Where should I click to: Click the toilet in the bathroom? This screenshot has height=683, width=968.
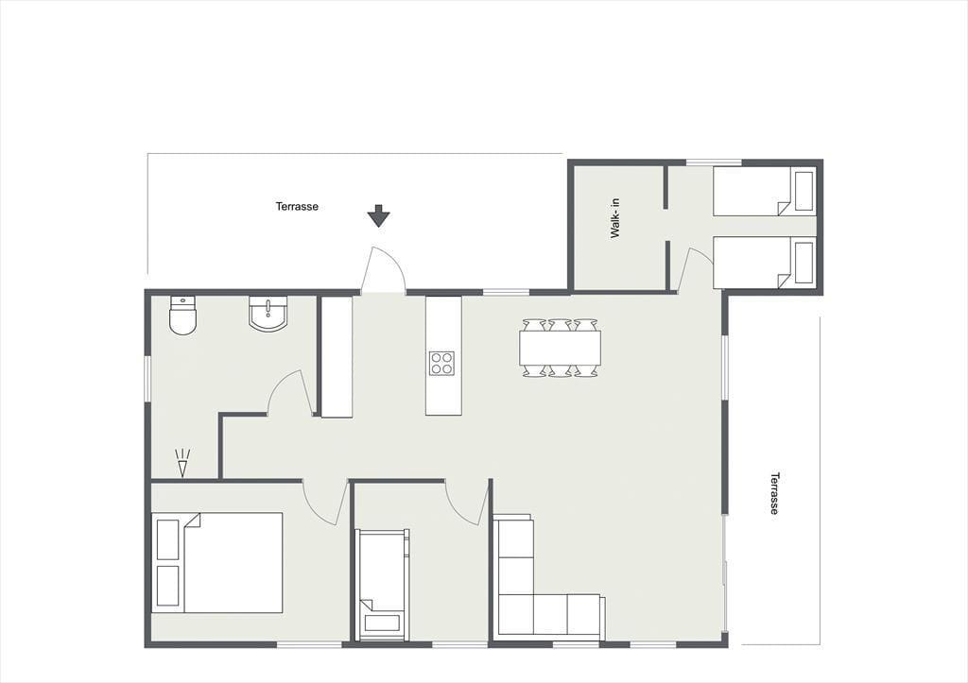click(182, 316)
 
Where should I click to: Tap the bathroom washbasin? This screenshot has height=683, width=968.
click(268, 314)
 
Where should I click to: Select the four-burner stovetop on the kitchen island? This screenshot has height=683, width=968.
click(442, 363)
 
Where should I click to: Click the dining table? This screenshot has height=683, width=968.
click(560, 348)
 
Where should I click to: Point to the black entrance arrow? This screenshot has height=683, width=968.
click(378, 216)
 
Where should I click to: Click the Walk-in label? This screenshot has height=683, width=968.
click(615, 218)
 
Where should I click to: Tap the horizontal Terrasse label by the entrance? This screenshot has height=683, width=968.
click(297, 206)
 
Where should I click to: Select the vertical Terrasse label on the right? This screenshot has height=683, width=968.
click(774, 493)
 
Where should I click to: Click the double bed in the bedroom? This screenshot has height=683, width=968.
click(217, 562)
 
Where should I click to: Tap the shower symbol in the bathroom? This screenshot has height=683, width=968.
click(182, 463)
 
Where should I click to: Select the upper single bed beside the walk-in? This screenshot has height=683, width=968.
click(765, 191)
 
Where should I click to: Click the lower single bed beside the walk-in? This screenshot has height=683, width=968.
click(765, 263)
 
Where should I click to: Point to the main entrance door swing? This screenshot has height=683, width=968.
click(384, 269)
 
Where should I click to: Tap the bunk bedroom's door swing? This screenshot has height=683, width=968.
click(467, 503)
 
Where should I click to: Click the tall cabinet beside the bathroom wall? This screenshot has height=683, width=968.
click(337, 357)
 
